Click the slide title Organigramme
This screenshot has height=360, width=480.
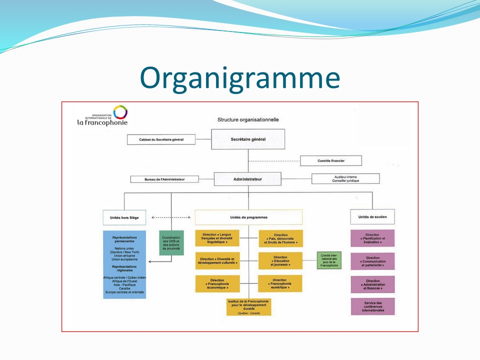tap(240, 77)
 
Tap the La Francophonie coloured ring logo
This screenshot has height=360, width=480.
tap(120, 112)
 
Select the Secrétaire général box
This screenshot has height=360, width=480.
tap(248, 139)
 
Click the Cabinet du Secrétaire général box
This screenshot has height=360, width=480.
tap(160, 139)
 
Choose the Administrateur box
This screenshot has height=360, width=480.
tap(248, 178)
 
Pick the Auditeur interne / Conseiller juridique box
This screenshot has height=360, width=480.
tap(345, 178)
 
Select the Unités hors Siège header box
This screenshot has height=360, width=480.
tap(124, 217)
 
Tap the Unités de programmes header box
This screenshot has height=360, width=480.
tap(248, 217)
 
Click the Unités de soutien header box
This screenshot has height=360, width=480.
tap(372, 216)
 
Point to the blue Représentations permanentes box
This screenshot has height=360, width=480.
tap(124, 264)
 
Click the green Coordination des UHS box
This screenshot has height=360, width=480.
tap(171, 243)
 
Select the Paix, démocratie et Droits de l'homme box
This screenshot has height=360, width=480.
tap(280, 238)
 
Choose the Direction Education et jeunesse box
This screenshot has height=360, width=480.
tap(280, 260)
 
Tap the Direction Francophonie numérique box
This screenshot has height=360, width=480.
tap(280, 283)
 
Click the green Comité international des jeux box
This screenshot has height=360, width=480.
tap(328, 260)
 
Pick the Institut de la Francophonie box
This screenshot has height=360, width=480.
tap(248, 306)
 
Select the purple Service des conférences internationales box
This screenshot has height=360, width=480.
tap(372, 306)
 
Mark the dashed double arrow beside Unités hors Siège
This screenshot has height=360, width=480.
tap(171, 217)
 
